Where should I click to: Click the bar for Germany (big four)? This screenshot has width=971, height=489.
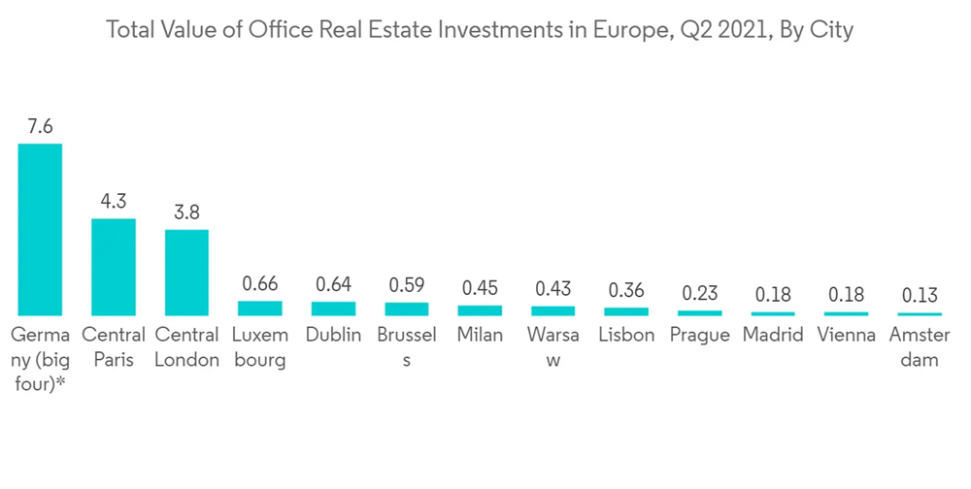tap(40, 229)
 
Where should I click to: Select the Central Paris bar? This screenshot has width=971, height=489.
tap(114, 267)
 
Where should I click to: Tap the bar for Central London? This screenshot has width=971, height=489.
tap(186, 272)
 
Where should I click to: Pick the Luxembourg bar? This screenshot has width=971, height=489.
tap(259, 308)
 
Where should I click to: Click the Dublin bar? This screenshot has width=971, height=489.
tap(333, 309)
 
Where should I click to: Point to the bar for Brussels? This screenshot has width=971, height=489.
tap(406, 309)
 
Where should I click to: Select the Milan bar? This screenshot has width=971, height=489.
tap(480, 310)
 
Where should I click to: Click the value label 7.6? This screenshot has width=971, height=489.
tap(40, 127)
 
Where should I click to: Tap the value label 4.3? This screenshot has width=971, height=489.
tap(114, 202)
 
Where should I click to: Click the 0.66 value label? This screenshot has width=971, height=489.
tap(259, 285)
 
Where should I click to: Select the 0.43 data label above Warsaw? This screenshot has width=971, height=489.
tap(552, 289)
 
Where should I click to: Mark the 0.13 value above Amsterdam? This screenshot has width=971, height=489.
tap(919, 296)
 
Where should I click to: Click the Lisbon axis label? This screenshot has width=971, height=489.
tap(626, 336)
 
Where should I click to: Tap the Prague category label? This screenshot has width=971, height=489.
tap(699, 336)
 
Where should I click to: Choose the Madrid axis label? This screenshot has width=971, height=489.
tap(773, 336)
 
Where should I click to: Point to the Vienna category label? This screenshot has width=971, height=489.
tap(846, 336)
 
